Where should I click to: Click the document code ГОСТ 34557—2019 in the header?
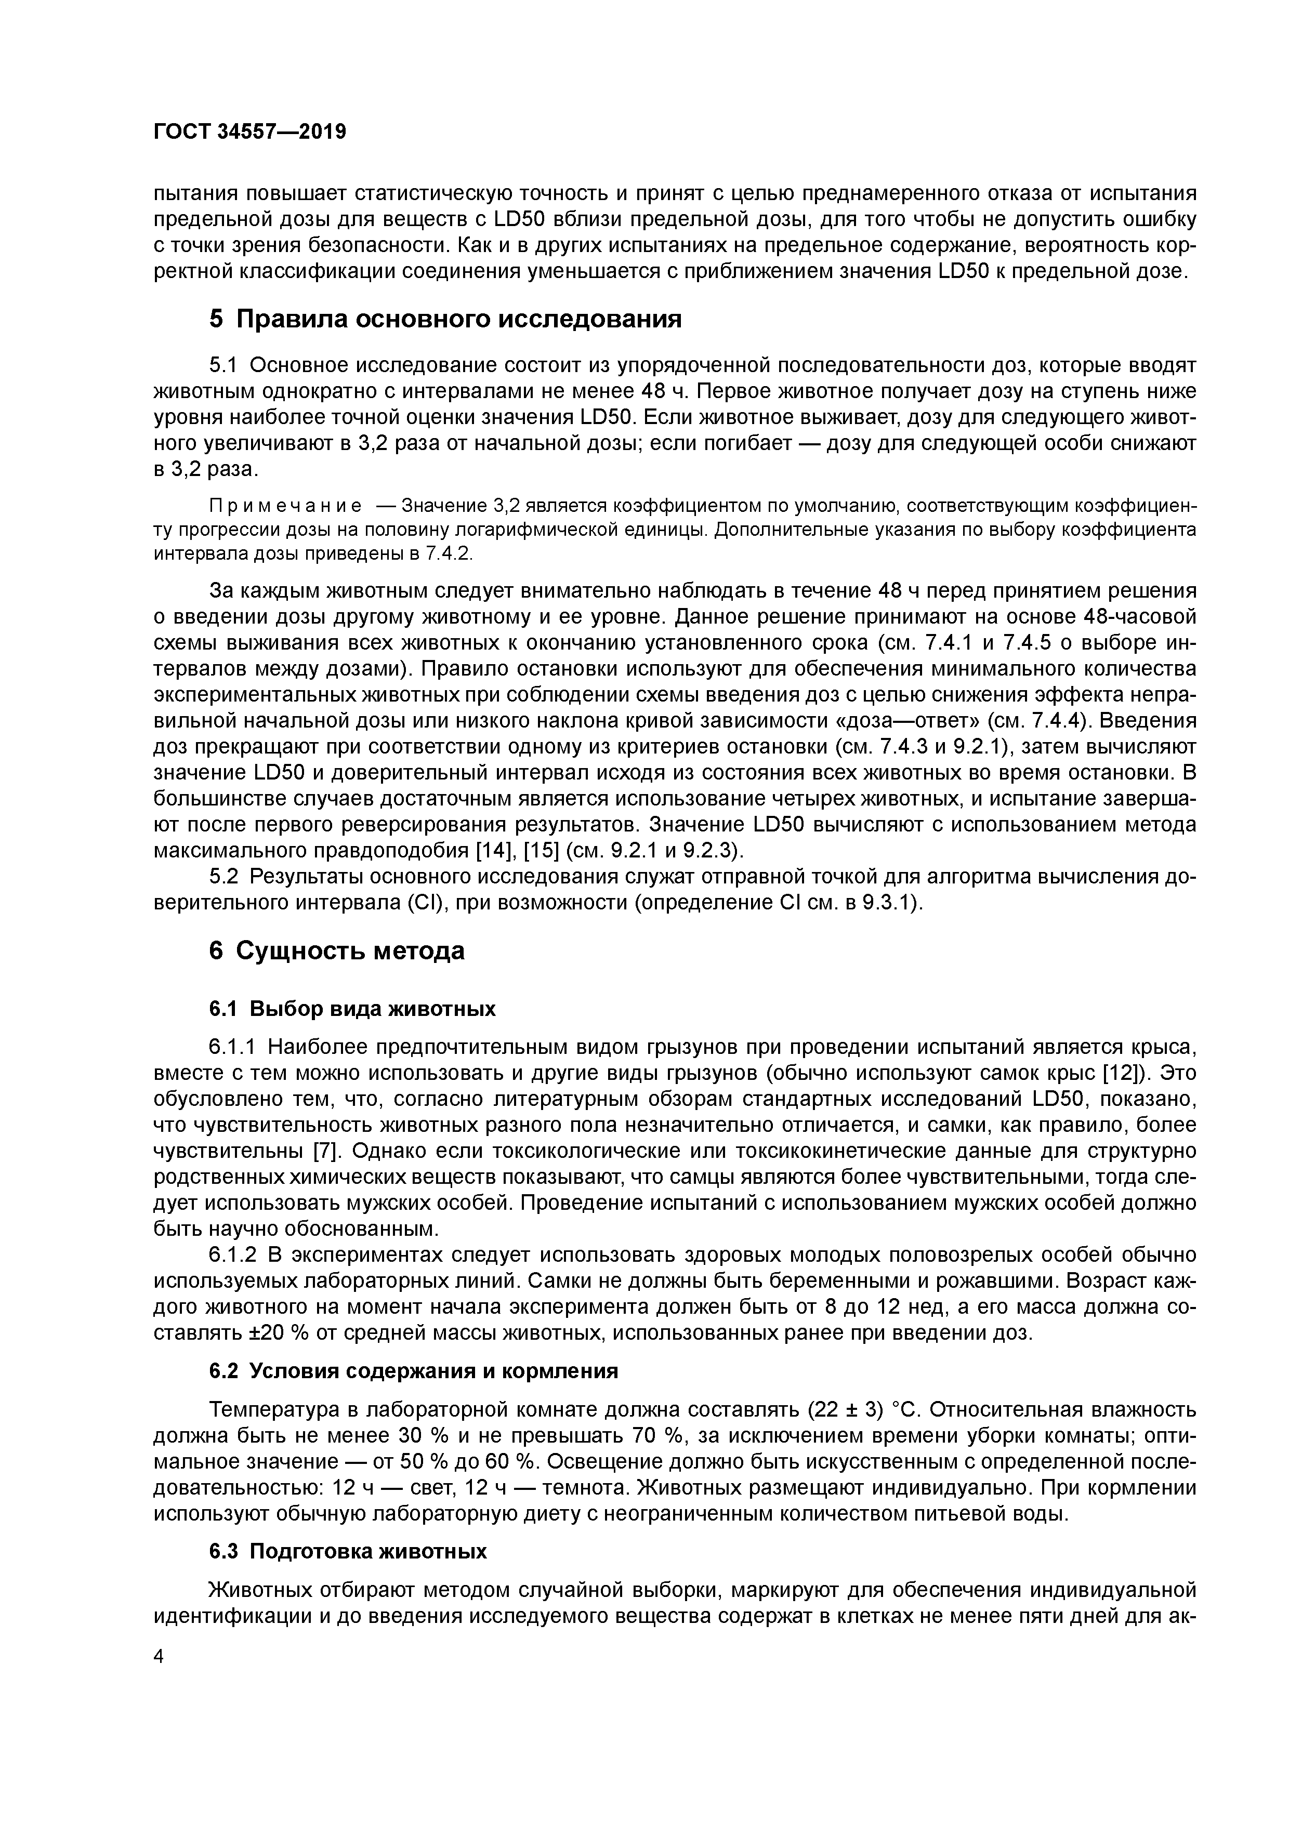pyautogui.click(x=249, y=132)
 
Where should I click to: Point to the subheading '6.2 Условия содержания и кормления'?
pyautogui.click(x=413, y=1371)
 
